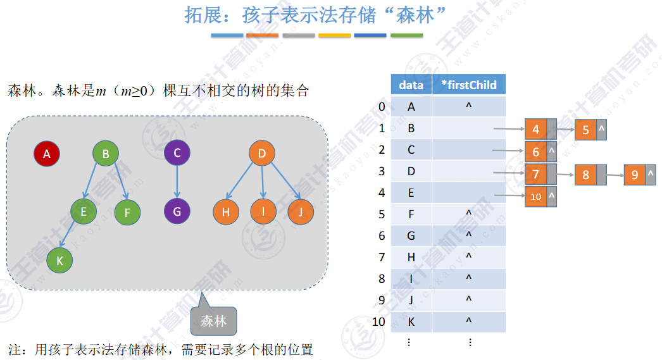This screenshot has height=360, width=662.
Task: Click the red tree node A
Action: pyautogui.click(x=46, y=153)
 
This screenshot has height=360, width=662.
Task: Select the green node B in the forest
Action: pyautogui.click(x=106, y=153)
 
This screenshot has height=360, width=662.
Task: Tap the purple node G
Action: pyautogui.click(x=177, y=212)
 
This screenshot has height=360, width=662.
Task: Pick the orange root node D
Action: pyautogui.click(x=262, y=153)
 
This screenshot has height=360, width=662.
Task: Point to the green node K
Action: pyautogui.click(x=59, y=259)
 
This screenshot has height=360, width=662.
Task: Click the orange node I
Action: pyautogui.click(x=263, y=212)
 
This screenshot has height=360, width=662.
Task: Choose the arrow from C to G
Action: pyautogui.click(x=177, y=182)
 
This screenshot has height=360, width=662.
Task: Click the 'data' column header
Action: pyautogui.click(x=411, y=85)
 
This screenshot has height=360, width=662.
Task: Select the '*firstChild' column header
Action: pyautogui.click(x=468, y=85)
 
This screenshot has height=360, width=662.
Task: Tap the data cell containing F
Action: pyautogui.click(x=411, y=214)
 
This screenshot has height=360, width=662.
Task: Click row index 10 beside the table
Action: pyautogui.click(x=378, y=321)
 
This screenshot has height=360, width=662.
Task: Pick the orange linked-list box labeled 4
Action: pyautogui.click(x=535, y=130)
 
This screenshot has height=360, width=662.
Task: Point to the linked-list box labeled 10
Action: pyautogui.click(x=535, y=197)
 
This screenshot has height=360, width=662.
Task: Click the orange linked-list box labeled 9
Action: pyautogui.click(x=635, y=174)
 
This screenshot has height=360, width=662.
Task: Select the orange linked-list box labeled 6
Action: pyautogui.click(x=535, y=152)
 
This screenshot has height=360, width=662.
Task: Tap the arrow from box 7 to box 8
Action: pyautogui.click(x=566, y=173)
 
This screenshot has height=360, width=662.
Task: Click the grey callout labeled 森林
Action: pyautogui.click(x=213, y=321)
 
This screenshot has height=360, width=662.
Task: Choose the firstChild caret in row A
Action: pyautogui.click(x=468, y=106)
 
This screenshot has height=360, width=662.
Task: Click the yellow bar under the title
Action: pyautogui.click(x=334, y=35)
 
